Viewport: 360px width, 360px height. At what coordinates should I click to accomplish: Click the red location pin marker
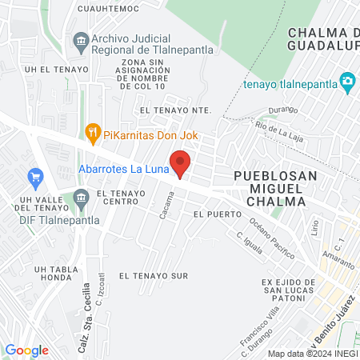181,163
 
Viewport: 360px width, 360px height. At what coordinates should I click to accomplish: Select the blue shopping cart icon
34,176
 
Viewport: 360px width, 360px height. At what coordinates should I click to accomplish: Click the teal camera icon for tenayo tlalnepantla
347,82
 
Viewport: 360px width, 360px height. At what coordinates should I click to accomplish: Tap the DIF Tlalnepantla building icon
81,198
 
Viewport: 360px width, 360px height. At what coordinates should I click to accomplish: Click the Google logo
26,350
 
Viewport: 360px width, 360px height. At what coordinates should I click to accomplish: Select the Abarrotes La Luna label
122,168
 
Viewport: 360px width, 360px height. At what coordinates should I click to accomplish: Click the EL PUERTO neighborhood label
212,215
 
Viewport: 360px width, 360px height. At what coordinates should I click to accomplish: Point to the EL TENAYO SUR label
153,275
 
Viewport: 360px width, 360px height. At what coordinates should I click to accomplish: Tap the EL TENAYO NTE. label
174,110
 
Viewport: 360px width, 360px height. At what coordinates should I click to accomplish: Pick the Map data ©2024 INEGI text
312,354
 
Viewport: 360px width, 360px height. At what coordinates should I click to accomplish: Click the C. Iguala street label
250,242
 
